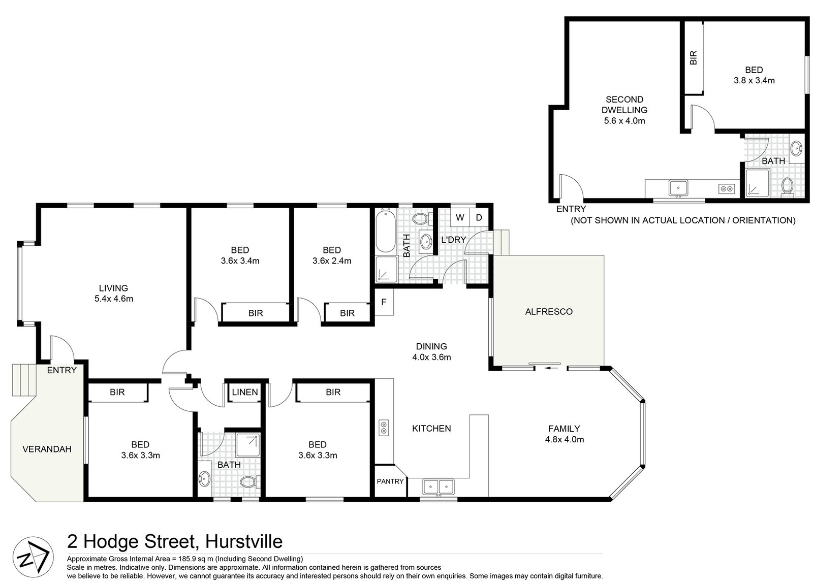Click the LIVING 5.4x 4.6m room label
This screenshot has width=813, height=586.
tap(113, 294)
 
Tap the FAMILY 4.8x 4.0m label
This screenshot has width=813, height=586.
tap(564, 434)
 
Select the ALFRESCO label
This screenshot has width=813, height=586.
tap(548, 311)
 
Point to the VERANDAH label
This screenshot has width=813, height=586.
tap(47, 449)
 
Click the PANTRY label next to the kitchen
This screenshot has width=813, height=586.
tap(390, 481)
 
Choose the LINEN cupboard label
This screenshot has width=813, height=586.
tap(245, 392)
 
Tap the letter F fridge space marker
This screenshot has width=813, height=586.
tap(384, 302)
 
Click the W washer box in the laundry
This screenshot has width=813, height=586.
tap(460, 218)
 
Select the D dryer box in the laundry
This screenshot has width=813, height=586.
tap(479, 218)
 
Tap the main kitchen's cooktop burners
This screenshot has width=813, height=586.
tap(384, 428)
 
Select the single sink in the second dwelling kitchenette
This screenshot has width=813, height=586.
tap(678, 188)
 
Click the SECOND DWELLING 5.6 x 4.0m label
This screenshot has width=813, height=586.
tap(624, 110)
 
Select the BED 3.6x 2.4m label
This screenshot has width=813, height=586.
tap(332, 255)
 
